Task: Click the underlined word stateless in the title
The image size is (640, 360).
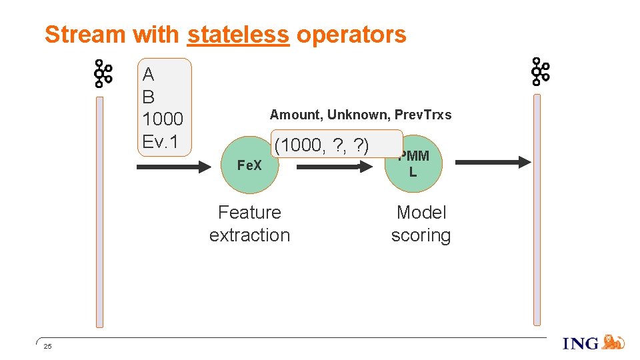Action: coord(238,34)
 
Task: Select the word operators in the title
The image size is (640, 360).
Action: coord(351,34)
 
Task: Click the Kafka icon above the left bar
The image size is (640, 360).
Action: coord(102,74)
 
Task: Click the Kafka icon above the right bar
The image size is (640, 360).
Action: coord(539,71)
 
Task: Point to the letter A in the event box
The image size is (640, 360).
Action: coord(149,74)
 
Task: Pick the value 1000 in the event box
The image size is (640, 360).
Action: coord(163,119)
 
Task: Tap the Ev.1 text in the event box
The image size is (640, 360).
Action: coord(160,142)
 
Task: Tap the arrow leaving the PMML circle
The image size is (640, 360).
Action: coord(495,162)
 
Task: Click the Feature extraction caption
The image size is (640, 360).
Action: coord(249,224)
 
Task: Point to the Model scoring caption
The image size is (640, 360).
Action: coord(421,224)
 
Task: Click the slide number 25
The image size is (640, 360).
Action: coord(47,346)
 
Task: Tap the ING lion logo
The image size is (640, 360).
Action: coord(612,343)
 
